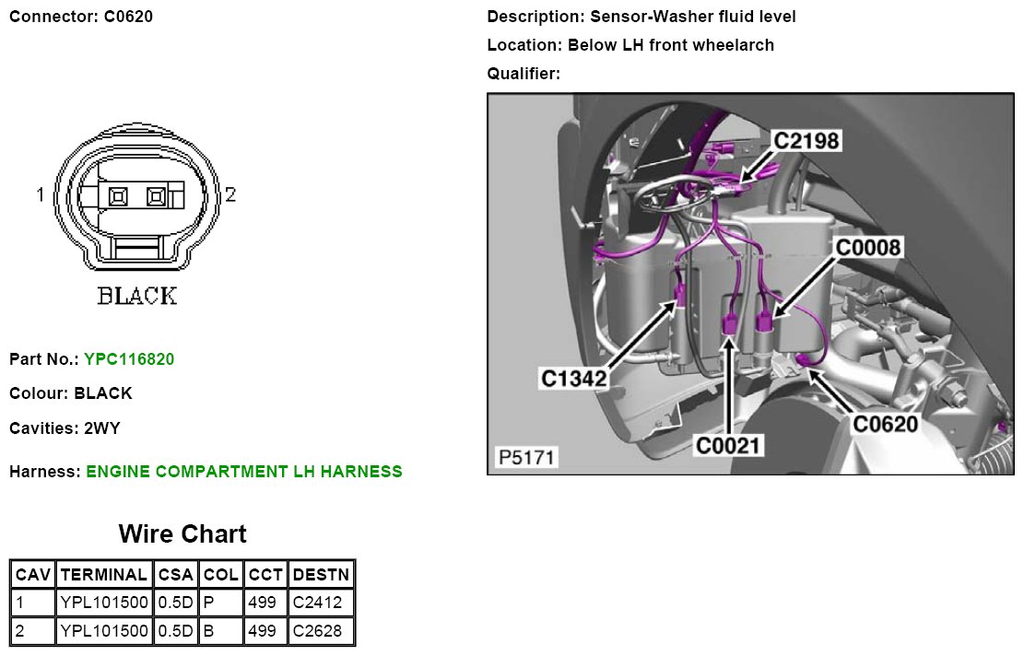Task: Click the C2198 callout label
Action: [x=806, y=140]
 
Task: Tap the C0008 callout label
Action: [x=867, y=247]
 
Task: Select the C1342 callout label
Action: [x=572, y=377]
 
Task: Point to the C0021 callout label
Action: [x=729, y=447]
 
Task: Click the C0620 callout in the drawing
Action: [x=885, y=424]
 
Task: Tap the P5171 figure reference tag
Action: [x=526, y=457]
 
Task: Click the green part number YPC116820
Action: [x=129, y=359]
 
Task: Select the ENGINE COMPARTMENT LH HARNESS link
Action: [x=244, y=472]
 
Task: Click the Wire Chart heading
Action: [x=182, y=534]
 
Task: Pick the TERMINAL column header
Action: [x=102, y=575]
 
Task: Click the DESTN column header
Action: [x=321, y=575]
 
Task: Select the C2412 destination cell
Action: [x=317, y=603]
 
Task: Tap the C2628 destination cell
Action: [x=317, y=631]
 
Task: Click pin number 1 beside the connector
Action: [x=41, y=194]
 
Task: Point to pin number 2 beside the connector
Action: [x=230, y=194]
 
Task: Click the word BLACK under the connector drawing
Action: [x=137, y=296]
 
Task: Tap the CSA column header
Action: [x=175, y=575]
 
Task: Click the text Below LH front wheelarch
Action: [x=671, y=45]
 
